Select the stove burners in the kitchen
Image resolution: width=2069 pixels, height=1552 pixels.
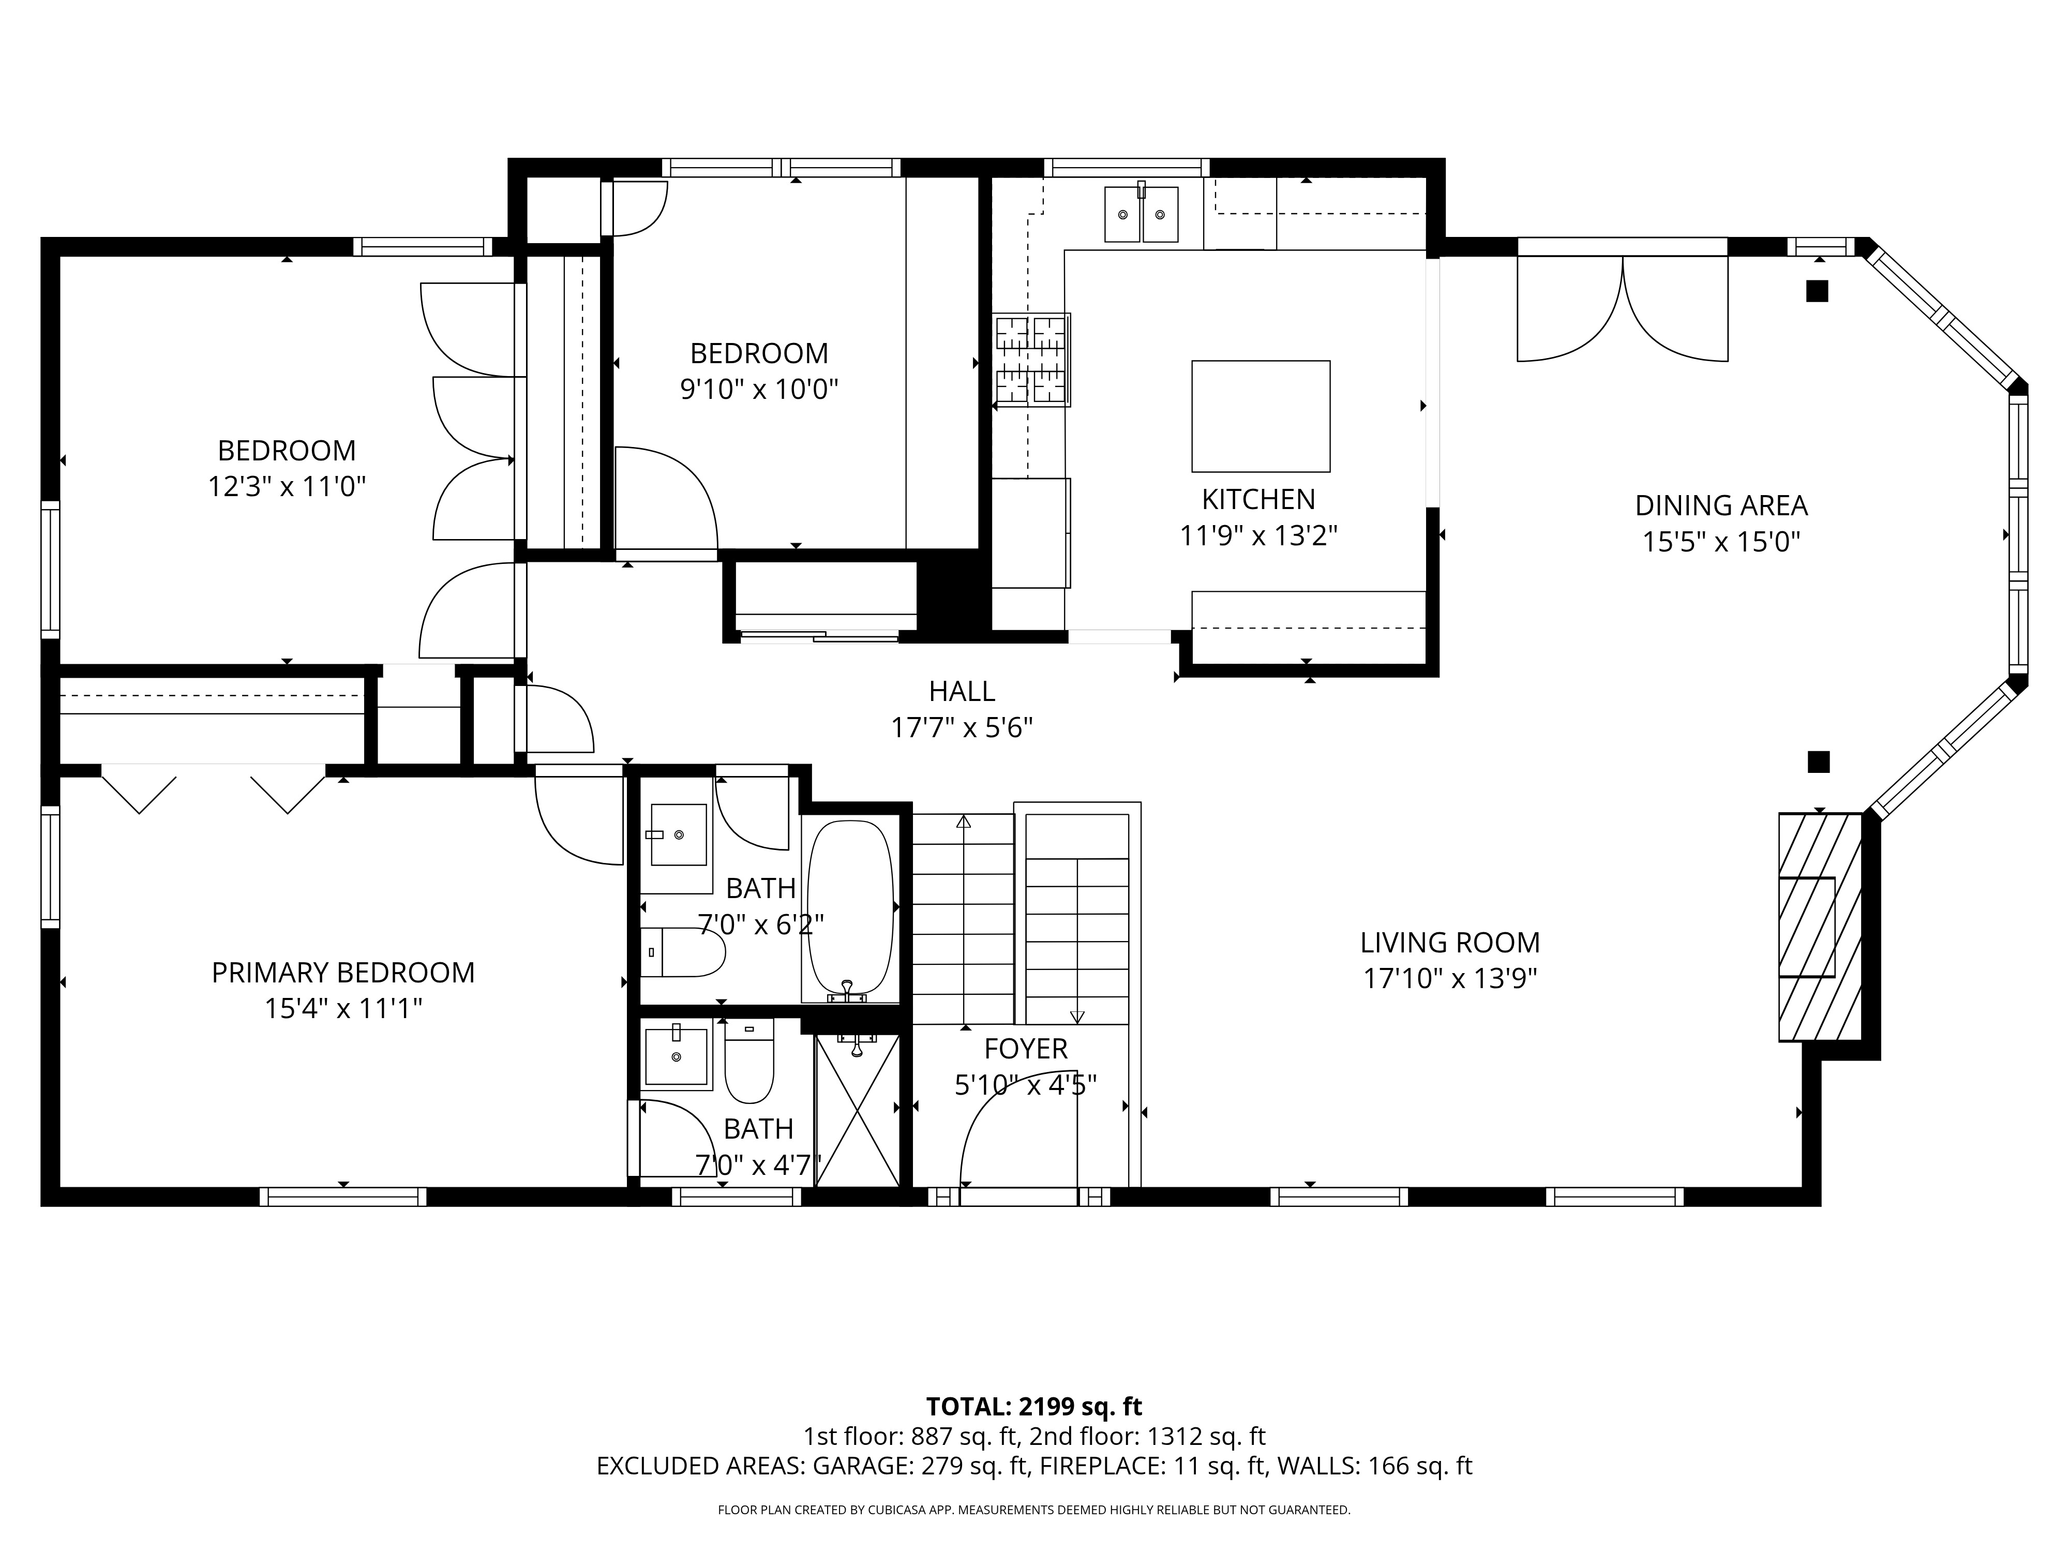[x=1032, y=360]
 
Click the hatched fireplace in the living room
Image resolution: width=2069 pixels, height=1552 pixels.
[x=1818, y=926]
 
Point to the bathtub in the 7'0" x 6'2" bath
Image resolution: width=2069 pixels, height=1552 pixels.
[x=849, y=907]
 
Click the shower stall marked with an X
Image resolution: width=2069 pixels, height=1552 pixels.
[x=857, y=1110]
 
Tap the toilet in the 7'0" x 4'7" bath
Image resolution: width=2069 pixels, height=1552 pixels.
[x=749, y=1062]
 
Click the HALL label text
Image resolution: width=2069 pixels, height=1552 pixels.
[x=962, y=691]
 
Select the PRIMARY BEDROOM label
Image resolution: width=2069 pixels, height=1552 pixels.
[x=343, y=973]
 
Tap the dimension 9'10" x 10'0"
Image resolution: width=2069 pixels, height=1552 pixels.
[x=759, y=389]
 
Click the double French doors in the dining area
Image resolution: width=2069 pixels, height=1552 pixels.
[x=1622, y=309]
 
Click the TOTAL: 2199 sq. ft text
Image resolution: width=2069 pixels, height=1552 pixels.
[x=1033, y=1406]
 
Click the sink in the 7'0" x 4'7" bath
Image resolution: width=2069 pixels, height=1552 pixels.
[x=676, y=1056]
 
